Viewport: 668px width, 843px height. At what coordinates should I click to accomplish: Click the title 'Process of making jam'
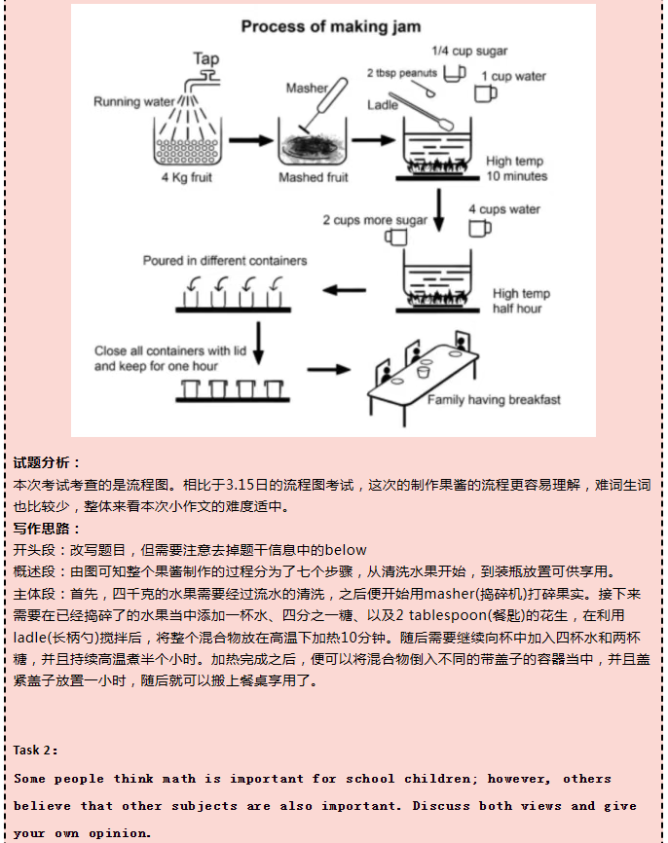coord(334,26)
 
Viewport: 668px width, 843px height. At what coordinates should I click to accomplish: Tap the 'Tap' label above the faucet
coord(206,59)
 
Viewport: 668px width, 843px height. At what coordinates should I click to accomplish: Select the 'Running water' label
coord(135,101)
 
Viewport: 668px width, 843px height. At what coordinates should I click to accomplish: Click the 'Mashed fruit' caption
coord(314,178)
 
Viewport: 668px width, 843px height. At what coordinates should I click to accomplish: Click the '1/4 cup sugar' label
coord(470,51)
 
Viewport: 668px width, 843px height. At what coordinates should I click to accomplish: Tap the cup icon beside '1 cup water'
coord(484,92)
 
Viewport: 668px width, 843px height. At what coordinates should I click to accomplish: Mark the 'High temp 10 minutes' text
coord(516,169)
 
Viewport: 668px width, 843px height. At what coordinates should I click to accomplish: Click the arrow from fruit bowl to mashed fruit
coord(250,141)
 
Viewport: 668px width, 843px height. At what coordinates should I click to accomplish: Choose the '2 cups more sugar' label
coord(375,220)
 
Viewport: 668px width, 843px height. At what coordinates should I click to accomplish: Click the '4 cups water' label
coord(504,209)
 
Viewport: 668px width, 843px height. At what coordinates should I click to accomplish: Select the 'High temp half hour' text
coord(521,301)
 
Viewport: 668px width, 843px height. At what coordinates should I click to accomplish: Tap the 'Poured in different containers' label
coord(225,261)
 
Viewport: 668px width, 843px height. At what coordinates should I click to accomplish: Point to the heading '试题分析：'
coord(48,462)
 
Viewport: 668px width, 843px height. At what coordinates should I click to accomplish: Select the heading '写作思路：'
coord(48,529)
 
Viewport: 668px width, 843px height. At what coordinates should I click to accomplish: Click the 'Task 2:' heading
coord(36,750)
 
